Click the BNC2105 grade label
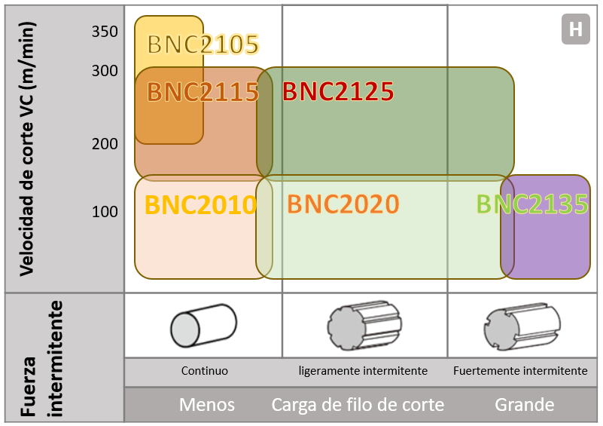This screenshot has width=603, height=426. (203, 44)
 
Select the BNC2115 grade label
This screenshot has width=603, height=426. (203, 92)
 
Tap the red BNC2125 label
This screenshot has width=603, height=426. (338, 91)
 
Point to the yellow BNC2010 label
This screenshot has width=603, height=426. (201, 204)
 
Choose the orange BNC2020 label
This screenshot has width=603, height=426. (343, 204)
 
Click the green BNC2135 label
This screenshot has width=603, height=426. (532, 204)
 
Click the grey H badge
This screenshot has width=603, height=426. (576, 29)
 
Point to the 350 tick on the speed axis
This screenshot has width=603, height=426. (105, 32)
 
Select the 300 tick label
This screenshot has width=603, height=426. (105, 71)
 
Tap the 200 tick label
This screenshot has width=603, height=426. (105, 144)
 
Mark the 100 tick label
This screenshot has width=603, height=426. (105, 212)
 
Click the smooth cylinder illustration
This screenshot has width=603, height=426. (203, 326)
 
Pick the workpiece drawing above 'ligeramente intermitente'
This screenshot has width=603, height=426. (364, 326)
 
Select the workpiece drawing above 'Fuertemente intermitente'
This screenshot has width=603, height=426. (522, 326)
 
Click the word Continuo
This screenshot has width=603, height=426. (205, 370)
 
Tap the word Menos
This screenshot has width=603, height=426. (207, 405)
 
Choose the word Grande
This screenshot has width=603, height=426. (525, 405)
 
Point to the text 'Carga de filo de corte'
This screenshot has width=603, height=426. (358, 405)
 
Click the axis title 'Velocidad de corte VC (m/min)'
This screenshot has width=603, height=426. (27, 149)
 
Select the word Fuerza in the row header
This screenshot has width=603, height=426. (28, 386)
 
